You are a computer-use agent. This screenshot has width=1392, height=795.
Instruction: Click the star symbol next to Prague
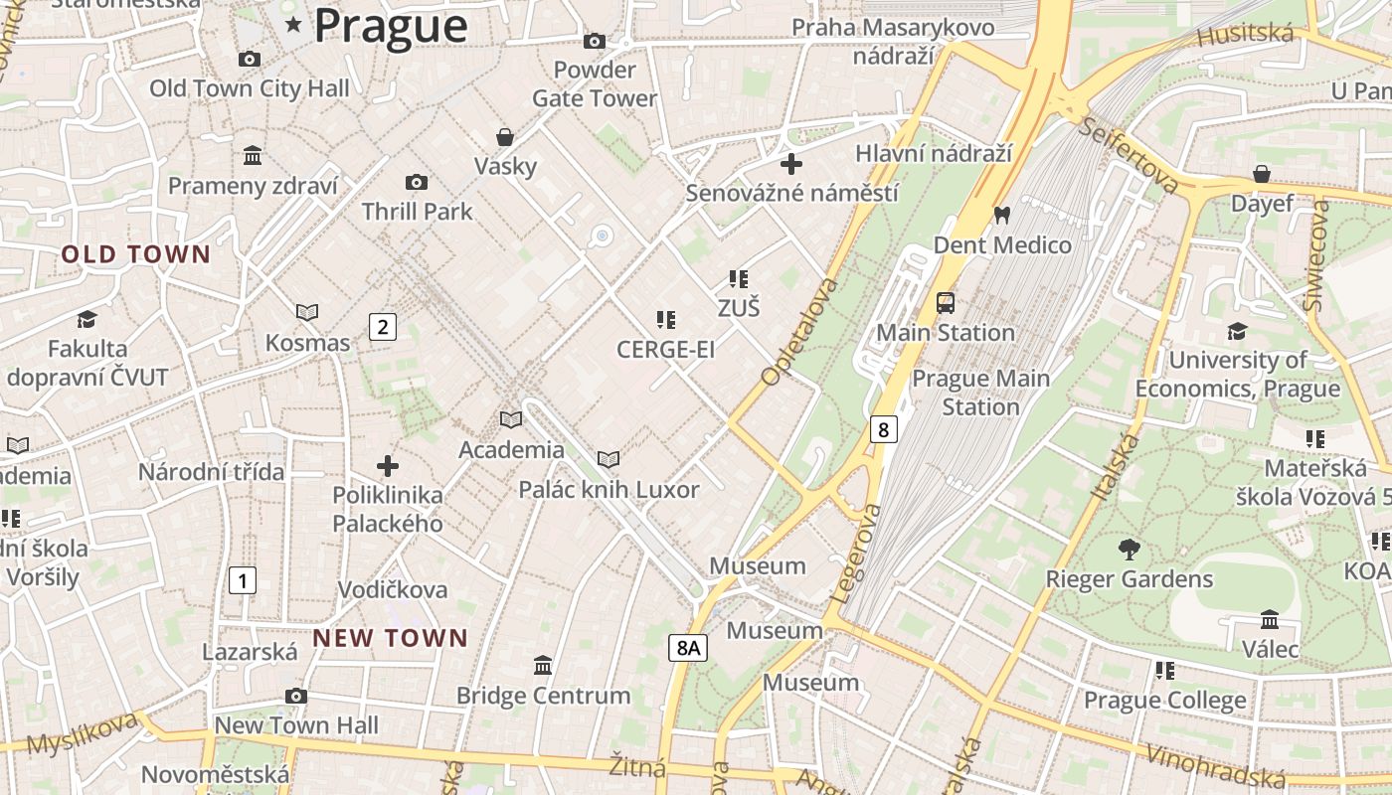pos(293,25)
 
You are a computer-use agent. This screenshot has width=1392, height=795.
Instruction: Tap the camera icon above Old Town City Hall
pos(250,60)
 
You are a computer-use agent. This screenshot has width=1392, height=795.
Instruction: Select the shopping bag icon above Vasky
pos(505,136)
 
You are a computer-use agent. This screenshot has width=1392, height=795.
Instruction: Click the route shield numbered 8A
pos(687,648)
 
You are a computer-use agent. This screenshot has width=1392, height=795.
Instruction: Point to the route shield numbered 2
pos(383,326)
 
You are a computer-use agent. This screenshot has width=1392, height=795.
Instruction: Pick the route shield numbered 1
pos(242,579)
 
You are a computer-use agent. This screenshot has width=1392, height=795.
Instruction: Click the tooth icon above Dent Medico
pos(1002,215)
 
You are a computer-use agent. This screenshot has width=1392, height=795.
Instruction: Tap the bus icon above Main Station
pos(946,303)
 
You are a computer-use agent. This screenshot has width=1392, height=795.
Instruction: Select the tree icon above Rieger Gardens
pos(1129,549)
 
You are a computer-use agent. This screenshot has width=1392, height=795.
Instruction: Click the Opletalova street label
pos(800,332)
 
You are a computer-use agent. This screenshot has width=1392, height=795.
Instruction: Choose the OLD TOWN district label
pos(136,254)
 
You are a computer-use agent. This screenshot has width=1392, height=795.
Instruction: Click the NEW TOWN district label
pos(390,638)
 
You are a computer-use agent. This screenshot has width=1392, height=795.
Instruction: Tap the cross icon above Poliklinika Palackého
pos(388,465)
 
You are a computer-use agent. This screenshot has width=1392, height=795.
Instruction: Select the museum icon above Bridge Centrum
pos(543,665)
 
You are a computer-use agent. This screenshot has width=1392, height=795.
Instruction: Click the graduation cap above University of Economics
pos(1237,331)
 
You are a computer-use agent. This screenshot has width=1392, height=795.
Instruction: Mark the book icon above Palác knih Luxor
pos(609,459)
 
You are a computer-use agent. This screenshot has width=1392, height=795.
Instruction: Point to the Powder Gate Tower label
pos(595,84)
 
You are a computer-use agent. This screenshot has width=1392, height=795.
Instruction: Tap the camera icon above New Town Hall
pos(295,696)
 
